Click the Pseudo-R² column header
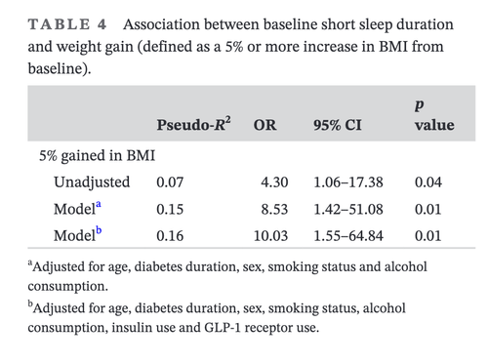[x=193, y=124]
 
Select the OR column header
[x=264, y=125]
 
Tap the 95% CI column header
[x=338, y=125]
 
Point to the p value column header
[x=434, y=115]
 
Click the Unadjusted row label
[x=92, y=182]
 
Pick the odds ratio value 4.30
[x=274, y=182]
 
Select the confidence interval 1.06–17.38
[x=348, y=182]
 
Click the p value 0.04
[x=428, y=182]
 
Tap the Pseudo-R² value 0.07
[x=170, y=182]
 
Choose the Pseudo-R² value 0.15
[x=170, y=209]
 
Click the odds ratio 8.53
[x=274, y=209]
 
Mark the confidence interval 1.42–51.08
[x=348, y=209]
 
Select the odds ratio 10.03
[x=270, y=236]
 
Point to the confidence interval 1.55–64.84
[x=348, y=236]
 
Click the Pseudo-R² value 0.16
[x=170, y=236]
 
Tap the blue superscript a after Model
[x=99, y=205]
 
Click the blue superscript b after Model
[x=99, y=230]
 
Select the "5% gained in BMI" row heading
[x=97, y=156]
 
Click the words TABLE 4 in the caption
[x=67, y=24]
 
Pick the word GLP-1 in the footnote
[x=223, y=327]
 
